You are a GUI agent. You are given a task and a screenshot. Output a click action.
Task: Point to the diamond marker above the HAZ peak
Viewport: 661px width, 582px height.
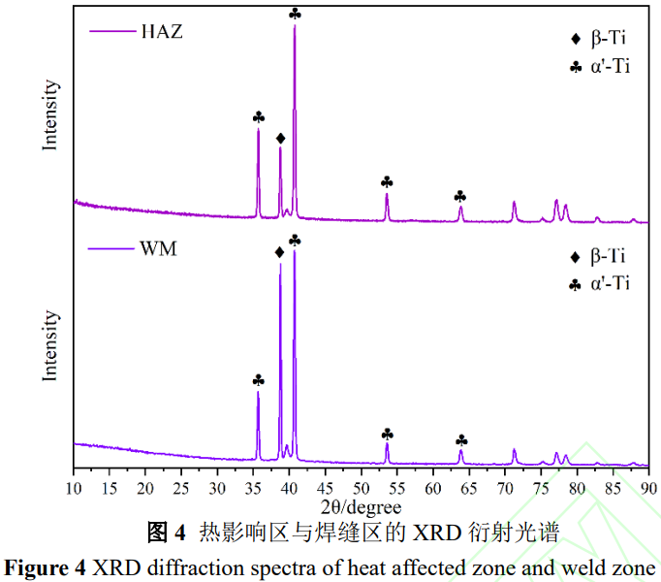pyautogui.click(x=280, y=139)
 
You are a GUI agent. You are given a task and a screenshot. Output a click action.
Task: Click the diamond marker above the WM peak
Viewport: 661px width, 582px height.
pyautogui.click(x=280, y=252)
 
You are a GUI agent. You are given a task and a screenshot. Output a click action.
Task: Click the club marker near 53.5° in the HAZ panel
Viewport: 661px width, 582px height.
pyautogui.click(x=387, y=181)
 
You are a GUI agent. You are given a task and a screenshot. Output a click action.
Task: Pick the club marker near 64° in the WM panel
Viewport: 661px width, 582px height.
pyautogui.click(x=461, y=439)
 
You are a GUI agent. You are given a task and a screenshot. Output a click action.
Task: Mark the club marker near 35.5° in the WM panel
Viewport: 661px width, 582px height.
pyautogui.click(x=258, y=379)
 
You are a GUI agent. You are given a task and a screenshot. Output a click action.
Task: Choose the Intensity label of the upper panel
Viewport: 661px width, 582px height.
pyautogui.click(x=50, y=114)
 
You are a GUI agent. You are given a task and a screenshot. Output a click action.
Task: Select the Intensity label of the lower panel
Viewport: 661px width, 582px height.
pyautogui.click(x=50, y=345)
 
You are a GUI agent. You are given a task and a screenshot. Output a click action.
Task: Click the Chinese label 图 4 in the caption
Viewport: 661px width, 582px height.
pyautogui.click(x=165, y=533)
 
